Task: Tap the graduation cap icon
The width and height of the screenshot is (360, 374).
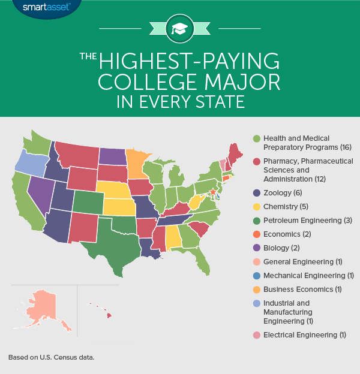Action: pyautogui.click(x=179, y=29)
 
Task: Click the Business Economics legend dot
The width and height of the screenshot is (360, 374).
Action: pyautogui.click(x=258, y=291)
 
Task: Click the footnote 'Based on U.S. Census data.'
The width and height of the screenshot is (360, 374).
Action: pyautogui.click(x=52, y=357)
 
